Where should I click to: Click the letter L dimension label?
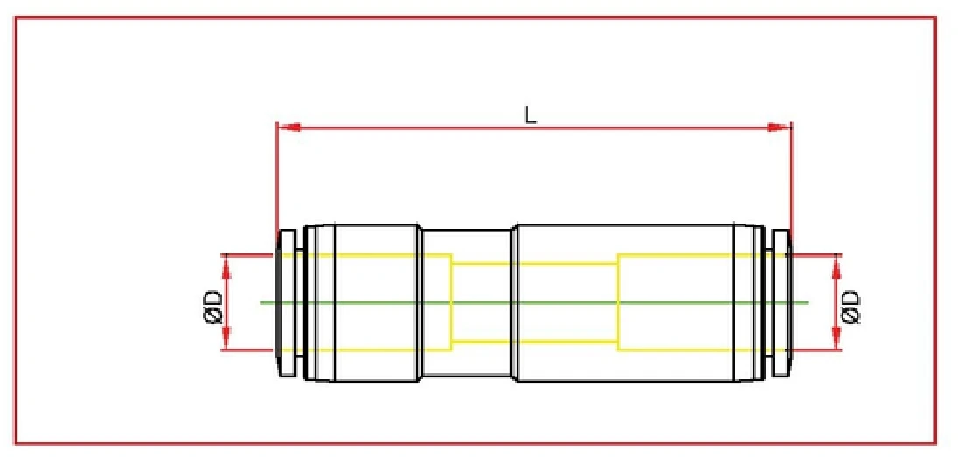pos(530,114)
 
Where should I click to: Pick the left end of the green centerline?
pos(261,302)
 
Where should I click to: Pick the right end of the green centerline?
pos(809,302)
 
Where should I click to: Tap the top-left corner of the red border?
pos(17,18)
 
